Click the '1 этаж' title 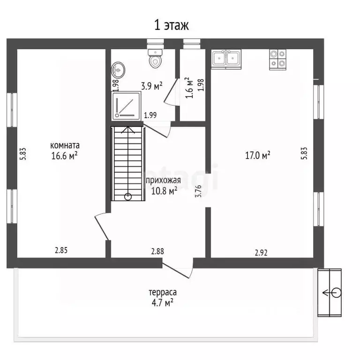pyautogui.click(x=172, y=25)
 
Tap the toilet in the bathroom pyautogui.click(x=156, y=58)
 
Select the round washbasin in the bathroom pyautogui.click(x=119, y=70)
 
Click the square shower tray pyautogui.click(x=127, y=106)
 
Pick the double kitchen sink pyautogui.click(x=226, y=59)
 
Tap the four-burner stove pyautogui.click(x=278, y=60)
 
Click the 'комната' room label pyautogui.click(x=65, y=145)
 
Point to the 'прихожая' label pyautogui.click(x=163, y=180)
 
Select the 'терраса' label pyautogui.click(x=163, y=292)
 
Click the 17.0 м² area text pyautogui.click(x=258, y=156)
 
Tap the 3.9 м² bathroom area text pyautogui.click(x=152, y=86)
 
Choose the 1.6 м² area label pyautogui.click(x=189, y=88)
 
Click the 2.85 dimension pyautogui.click(x=61, y=250)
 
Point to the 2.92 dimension pyautogui.click(x=261, y=253)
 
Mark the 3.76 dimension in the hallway pyautogui.click(x=198, y=191)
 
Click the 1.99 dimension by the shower pyautogui.click(x=150, y=115)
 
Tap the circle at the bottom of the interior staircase pyautogui.click(x=128, y=196)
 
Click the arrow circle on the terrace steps pyautogui.click(x=337, y=292)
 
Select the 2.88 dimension pyautogui.click(x=157, y=251)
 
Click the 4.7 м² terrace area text pyautogui.click(x=162, y=303)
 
